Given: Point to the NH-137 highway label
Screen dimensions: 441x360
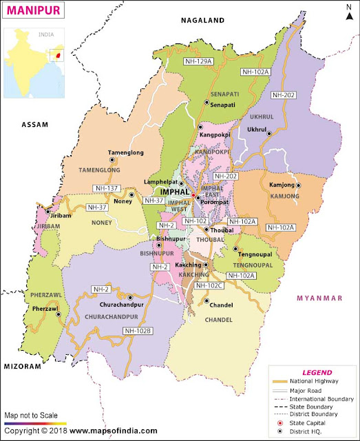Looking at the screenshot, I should click(107, 188).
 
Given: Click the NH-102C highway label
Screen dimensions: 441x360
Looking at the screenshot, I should click(211, 285).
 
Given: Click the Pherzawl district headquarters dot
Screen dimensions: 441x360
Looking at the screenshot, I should click(59, 315).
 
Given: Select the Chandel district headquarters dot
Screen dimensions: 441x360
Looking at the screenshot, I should click(206, 300).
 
